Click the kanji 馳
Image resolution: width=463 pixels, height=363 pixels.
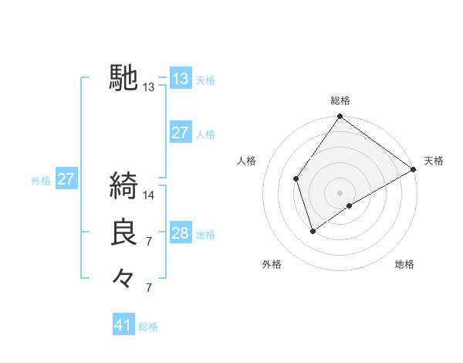click(123, 78)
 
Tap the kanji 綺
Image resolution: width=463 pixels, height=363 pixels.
click(123, 186)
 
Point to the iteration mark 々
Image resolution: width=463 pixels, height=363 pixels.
click(123, 277)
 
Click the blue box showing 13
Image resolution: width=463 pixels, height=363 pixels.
click(181, 79)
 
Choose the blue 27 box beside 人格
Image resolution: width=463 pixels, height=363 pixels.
click(181, 133)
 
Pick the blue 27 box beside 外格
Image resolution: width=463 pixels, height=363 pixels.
click(66, 179)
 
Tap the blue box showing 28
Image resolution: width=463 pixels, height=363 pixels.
click(181, 233)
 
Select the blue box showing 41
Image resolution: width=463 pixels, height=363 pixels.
click(123, 325)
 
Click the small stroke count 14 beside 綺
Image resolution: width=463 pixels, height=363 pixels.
click(149, 195)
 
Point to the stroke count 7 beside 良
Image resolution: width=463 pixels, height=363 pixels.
click(149, 242)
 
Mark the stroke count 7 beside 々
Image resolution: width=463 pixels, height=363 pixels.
click(149, 288)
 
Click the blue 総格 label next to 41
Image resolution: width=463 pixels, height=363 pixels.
click(148, 327)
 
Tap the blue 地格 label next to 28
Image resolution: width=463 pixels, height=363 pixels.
click(205, 234)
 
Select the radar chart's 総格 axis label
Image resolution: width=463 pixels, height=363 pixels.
click(340, 100)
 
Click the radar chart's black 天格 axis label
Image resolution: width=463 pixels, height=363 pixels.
click(434, 161)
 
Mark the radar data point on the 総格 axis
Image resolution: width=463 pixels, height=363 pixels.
click(340, 117)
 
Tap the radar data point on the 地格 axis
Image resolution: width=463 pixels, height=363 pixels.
click(350, 205)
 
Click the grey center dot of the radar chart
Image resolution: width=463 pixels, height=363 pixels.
click(340, 192)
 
